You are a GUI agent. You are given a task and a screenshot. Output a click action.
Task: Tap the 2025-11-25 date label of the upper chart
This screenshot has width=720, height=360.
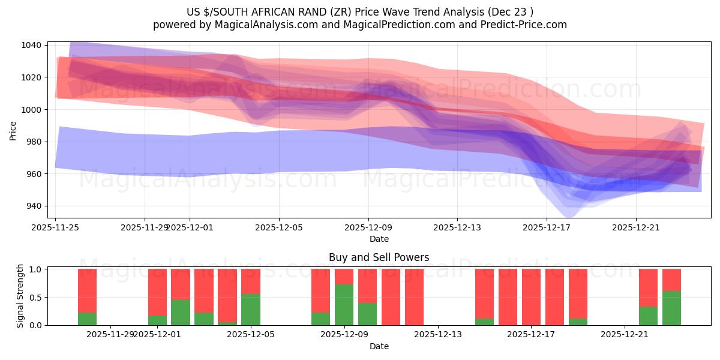[x=56, y=227]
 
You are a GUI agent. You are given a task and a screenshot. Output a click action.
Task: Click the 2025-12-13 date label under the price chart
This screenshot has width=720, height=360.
[x=457, y=227]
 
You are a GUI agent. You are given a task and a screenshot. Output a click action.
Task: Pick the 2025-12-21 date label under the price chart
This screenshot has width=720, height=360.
[x=636, y=227]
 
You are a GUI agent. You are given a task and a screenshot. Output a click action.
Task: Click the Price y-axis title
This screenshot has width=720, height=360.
[x=13, y=130]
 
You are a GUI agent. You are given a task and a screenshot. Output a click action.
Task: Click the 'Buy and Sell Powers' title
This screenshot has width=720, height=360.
[x=379, y=257]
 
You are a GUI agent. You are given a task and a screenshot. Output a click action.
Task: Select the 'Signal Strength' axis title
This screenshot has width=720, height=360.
[x=20, y=296]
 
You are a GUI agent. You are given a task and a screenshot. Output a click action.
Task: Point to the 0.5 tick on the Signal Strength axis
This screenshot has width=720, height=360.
[x=35, y=297]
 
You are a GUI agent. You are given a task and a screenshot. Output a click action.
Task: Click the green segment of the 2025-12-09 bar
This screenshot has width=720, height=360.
[x=344, y=305]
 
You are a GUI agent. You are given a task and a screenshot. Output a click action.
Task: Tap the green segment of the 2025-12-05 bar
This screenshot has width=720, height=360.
[x=251, y=310]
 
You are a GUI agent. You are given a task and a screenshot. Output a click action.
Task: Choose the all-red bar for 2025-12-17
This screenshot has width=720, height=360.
[x=531, y=297]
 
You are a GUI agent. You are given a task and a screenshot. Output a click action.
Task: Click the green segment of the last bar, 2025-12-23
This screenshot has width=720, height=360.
[x=671, y=308]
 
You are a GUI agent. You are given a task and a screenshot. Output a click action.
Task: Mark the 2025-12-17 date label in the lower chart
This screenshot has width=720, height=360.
[x=531, y=334]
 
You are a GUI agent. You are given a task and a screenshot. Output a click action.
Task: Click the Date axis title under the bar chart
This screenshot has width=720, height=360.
[x=379, y=346]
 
